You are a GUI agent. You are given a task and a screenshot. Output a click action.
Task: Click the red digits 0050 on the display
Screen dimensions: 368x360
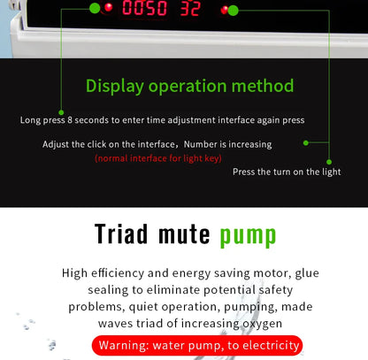click(144, 8)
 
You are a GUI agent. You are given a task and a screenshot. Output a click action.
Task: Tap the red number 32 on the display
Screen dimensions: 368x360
click(190, 8)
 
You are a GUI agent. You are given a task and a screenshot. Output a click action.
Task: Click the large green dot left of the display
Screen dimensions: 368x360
click(95, 8)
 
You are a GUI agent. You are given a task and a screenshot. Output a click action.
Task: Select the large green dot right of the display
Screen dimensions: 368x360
click(233, 11)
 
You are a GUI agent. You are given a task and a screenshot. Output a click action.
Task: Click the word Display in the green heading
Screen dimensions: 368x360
click(115, 87)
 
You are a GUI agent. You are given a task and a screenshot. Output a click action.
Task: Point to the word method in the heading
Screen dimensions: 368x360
click(263, 86)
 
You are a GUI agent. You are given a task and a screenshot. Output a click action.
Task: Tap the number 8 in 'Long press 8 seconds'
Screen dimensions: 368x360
click(70, 120)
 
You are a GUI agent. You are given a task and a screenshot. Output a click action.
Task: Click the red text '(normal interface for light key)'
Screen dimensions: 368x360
click(158, 158)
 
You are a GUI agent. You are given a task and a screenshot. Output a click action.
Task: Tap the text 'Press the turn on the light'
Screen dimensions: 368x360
click(287, 172)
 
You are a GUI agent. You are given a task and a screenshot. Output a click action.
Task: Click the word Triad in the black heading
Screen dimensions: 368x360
click(121, 234)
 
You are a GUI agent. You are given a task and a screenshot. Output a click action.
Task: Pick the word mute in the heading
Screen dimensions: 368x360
click(184, 234)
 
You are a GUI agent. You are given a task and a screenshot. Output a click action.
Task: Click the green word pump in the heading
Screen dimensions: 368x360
click(248, 237)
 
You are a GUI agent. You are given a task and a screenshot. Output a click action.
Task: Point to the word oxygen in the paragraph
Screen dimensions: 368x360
click(262, 324)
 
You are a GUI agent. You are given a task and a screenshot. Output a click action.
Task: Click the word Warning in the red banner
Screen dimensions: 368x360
click(124, 345)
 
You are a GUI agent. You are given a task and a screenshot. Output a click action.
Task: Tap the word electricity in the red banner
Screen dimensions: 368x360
click(271, 345)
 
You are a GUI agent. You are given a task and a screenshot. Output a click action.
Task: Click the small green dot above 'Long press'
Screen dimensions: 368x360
click(61, 112)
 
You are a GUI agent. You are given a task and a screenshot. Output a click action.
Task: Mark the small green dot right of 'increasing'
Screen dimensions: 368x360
click(306, 143)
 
